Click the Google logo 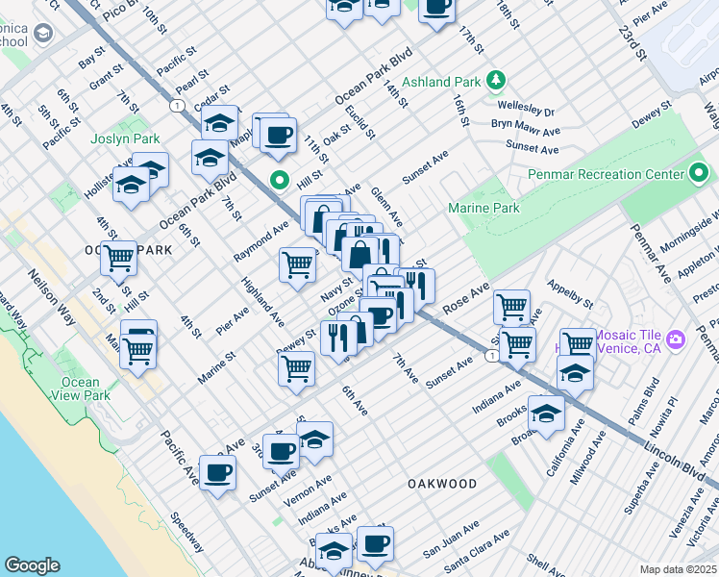(32, 565)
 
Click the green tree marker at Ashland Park (496, 79)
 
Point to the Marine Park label (483, 208)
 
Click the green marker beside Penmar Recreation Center (699, 174)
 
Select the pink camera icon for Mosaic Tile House (676, 339)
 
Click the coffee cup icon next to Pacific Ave (218, 472)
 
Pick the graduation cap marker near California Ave (546, 414)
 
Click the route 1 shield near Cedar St (178, 104)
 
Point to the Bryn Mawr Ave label (526, 130)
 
